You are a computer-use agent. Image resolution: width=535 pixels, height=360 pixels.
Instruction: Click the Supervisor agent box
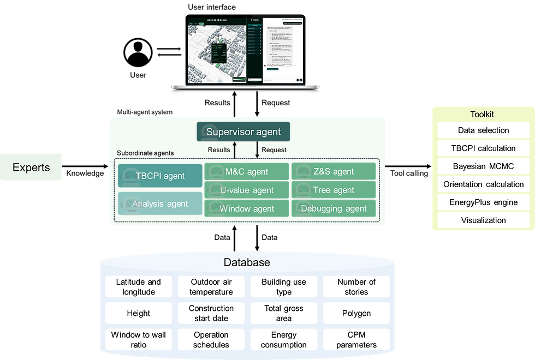(x=243, y=132)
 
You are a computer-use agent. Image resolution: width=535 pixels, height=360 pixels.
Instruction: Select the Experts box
(x=32, y=167)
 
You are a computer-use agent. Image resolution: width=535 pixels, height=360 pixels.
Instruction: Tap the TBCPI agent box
(x=160, y=176)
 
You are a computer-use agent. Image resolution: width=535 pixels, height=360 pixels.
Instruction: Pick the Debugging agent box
(x=334, y=208)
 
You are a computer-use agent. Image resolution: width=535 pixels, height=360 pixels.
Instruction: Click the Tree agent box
(x=334, y=190)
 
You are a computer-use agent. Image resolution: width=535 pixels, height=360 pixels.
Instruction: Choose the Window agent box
(x=246, y=208)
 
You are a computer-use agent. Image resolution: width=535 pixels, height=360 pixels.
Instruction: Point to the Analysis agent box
(x=160, y=203)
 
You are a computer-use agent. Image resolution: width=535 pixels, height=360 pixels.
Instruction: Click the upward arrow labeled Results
(x=234, y=151)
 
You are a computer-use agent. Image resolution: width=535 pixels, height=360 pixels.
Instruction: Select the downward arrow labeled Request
(x=257, y=151)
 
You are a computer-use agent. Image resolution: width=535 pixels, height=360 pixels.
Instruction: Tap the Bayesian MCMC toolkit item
(x=483, y=166)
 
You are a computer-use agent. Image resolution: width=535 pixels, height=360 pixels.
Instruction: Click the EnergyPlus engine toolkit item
(x=483, y=202)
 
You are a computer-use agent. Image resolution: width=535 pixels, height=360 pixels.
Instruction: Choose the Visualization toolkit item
(x=483, y=220)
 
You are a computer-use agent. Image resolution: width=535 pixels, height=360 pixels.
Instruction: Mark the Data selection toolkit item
(x=483, y=130)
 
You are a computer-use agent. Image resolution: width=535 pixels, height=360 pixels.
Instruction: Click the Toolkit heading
(x=482, y=115)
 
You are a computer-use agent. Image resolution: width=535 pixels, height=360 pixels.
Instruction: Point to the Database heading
(x=247, y=262)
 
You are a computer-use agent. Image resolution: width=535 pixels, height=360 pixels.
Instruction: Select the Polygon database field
(x=356, y=313)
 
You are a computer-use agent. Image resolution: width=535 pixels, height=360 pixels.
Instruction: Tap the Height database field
(x=139, y=313)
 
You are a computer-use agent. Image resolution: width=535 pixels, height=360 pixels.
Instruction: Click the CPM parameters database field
(x=356, y=339)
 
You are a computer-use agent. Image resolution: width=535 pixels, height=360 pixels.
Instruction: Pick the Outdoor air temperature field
(x=211, y=287)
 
